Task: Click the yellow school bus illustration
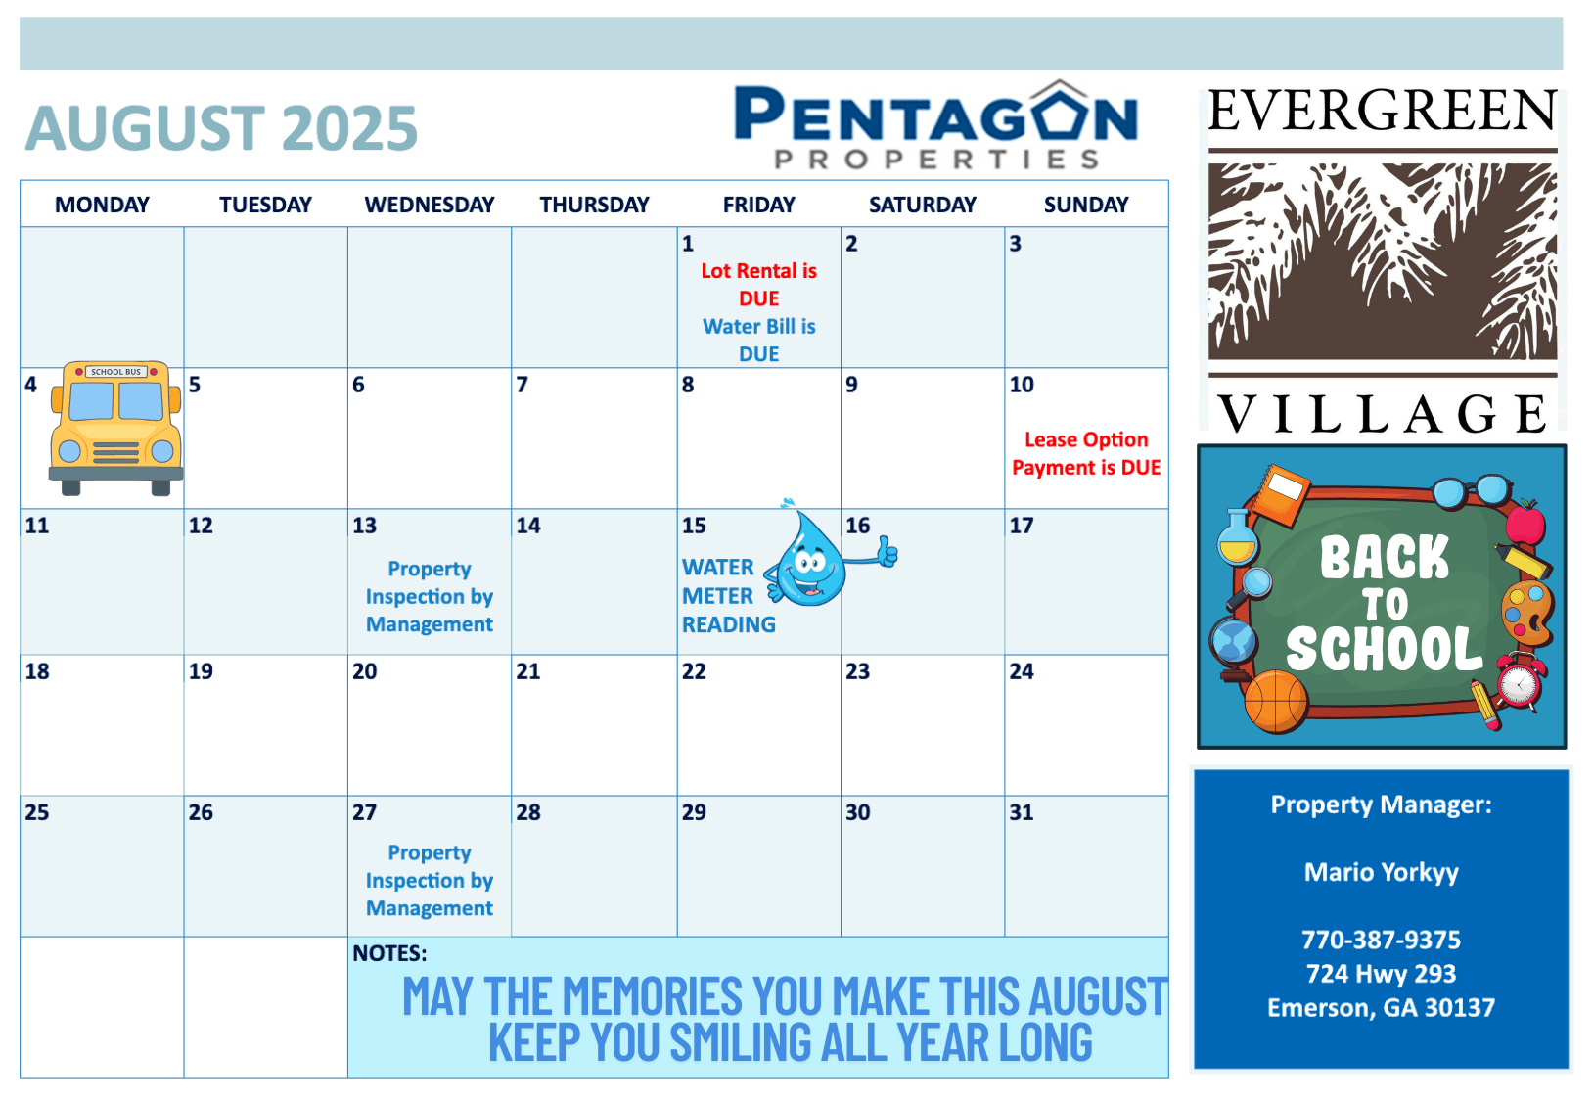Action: [115, 428]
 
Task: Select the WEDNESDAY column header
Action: [429, 205]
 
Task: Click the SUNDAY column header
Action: [1086, 205]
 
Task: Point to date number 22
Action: [694, 671]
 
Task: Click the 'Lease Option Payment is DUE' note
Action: [1086, 453]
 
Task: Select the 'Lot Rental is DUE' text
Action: [758, 285]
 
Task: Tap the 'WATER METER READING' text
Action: [728, 596]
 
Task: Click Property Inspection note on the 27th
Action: [429, 880]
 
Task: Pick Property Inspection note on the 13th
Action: [429, 596]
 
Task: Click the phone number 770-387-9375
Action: [1381, 940]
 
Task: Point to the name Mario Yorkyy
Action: [1381, 872]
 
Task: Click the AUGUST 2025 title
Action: [221, 128]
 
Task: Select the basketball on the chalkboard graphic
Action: [1276, 702]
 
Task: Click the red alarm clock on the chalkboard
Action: [1521, 683]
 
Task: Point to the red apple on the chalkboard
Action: [1525, 523]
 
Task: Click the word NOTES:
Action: [389, 954]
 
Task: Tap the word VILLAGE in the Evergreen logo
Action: [1383, 414]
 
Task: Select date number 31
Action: [1022, 812]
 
